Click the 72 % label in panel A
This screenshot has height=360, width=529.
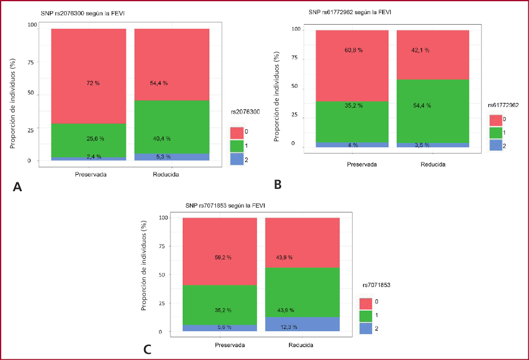(93, 84)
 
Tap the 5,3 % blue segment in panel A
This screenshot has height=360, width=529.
(172, 157)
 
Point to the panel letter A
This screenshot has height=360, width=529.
(17, 188)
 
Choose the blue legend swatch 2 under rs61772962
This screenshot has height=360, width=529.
(497, 144)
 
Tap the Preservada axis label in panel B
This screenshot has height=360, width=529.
(361, 165)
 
